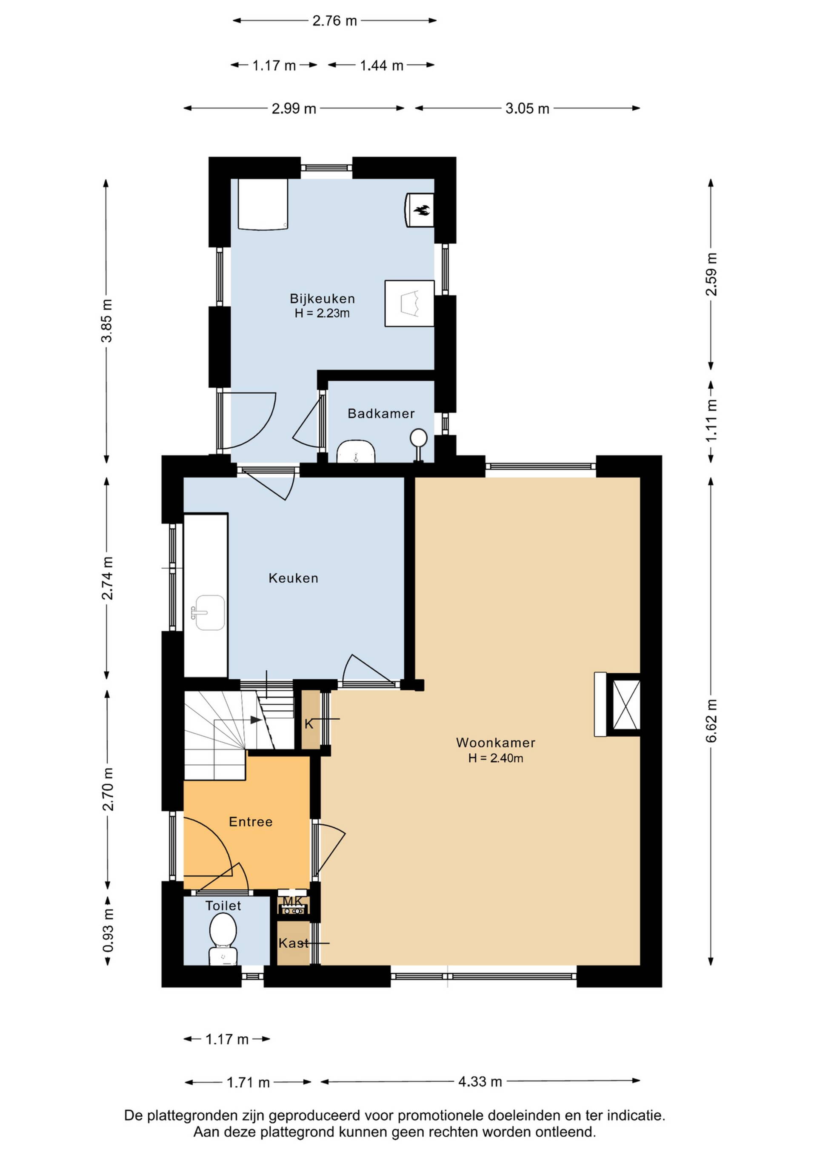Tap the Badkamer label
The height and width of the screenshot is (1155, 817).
[381, 414]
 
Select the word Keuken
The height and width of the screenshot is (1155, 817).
[293, 578]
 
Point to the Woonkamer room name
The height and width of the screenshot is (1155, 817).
[496, 743]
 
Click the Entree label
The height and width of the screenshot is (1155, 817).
[251, 822]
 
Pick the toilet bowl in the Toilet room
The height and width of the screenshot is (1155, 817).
[223, 939]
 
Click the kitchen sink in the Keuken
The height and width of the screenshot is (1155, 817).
[210, 613]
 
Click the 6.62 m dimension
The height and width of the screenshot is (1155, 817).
[711, 721]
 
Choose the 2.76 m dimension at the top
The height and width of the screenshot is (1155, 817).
[334, 20]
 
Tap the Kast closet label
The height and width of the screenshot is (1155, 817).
[294, 943]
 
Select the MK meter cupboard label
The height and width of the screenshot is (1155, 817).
[293, 901]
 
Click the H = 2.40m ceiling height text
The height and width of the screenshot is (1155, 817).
[496, 758]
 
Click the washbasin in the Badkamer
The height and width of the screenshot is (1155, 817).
[356, 451]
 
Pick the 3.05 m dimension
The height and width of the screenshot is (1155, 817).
[527, 108]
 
